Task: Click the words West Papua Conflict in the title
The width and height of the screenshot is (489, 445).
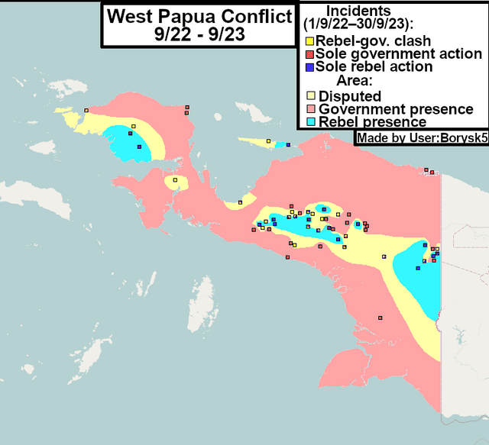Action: (x=199, y=15)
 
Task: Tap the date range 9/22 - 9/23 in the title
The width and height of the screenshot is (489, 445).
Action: (x=199, y=34)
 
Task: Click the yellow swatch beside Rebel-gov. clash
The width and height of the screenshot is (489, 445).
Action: (x=310, y=40)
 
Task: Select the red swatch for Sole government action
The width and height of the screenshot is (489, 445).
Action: (x=310, y=53)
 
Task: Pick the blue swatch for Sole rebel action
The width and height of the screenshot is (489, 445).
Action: (x=310, y=66)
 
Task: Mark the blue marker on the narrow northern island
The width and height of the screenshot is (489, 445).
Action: (x=288, y=144)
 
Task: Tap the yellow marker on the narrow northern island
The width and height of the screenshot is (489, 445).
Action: (x=268, y=141)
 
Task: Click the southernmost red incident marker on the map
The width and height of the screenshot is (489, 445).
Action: (x=380, y=318)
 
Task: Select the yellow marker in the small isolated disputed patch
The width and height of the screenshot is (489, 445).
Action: (x=175, y=180)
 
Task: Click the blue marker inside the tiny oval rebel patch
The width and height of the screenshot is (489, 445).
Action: (x=358, y=224)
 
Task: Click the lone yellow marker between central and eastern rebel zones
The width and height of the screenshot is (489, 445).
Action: (x=384, y=256)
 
